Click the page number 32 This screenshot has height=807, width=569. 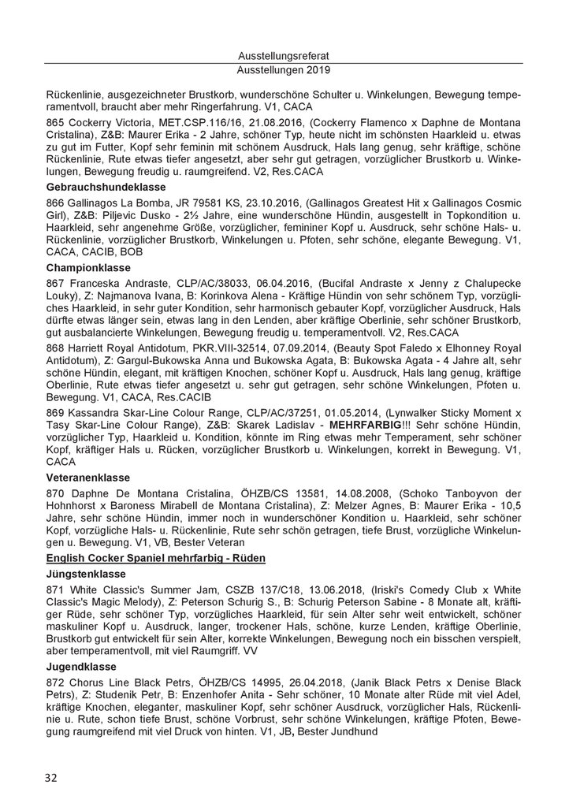(x=51, y=778)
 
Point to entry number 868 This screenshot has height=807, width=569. (x=56, y=365)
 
